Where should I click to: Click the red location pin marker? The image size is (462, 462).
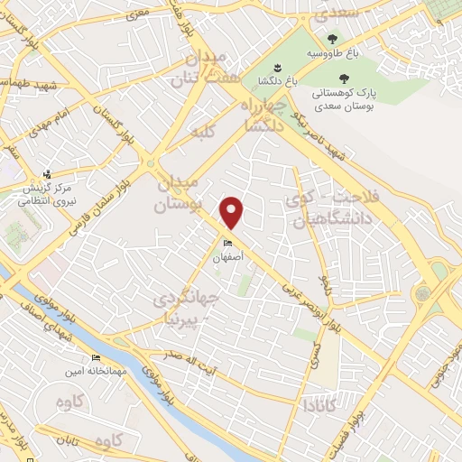tap(232, 212)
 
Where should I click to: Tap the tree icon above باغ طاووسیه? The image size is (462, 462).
tap(333, 39)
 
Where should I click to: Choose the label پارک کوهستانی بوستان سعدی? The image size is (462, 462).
tap(342, 93)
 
